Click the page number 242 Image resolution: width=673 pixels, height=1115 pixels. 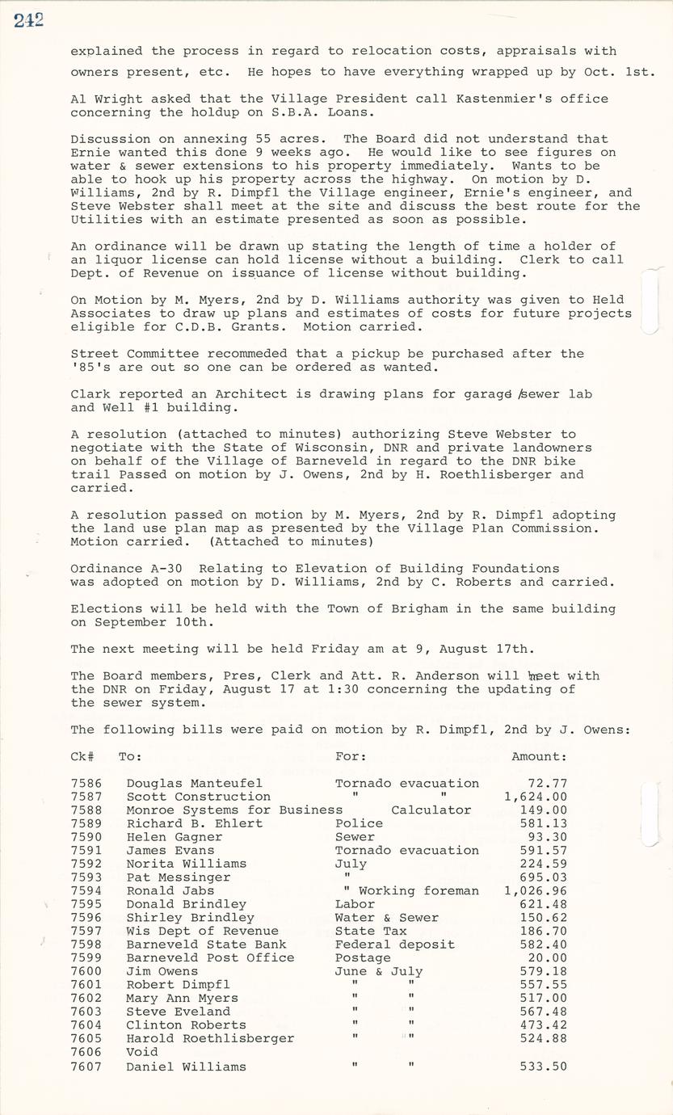(28, 21)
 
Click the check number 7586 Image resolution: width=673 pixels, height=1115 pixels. (86, 783)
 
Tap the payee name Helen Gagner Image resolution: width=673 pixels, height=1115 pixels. (174, 837)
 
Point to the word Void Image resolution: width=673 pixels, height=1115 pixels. (142, 1052)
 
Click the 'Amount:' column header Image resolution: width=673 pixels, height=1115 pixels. (539, 756)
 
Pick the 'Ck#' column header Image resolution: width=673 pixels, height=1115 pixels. (82, 756)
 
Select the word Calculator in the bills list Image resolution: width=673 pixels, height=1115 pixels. (431, 810)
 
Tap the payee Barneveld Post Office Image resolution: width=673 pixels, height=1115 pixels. (210, 957)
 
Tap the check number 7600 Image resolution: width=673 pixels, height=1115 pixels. (86, 971)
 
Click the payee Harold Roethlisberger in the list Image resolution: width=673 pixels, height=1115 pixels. (210, 1038)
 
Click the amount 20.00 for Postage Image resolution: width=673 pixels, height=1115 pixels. (551, 957)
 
